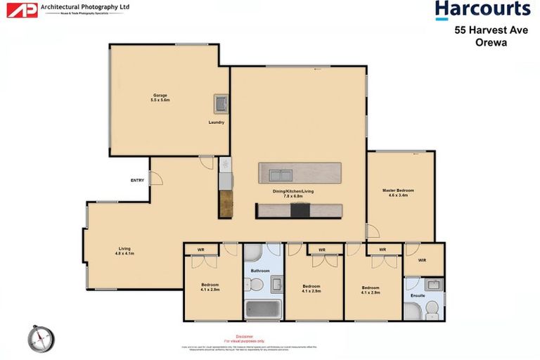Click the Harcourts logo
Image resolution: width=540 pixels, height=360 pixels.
[x=482, y=10]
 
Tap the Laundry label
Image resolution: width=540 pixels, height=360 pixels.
[x=217, y=122]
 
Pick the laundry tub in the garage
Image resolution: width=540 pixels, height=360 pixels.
[x=221, y=104]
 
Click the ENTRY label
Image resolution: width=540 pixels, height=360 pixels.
[x=137, y=181]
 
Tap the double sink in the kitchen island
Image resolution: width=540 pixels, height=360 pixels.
[x=280, y=173]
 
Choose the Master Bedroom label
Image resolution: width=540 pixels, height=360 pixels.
[x=398, y=192]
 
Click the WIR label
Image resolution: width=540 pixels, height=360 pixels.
[x=422, y=260]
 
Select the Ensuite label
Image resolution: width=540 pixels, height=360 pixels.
[x=418, y=295]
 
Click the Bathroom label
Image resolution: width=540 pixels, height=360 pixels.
[x=260, y=270]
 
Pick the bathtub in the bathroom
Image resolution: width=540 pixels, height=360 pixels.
[x=263, y=309]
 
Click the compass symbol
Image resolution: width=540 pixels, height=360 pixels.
[x=41, y=339]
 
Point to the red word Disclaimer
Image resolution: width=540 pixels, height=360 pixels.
[x=244, y=336]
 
